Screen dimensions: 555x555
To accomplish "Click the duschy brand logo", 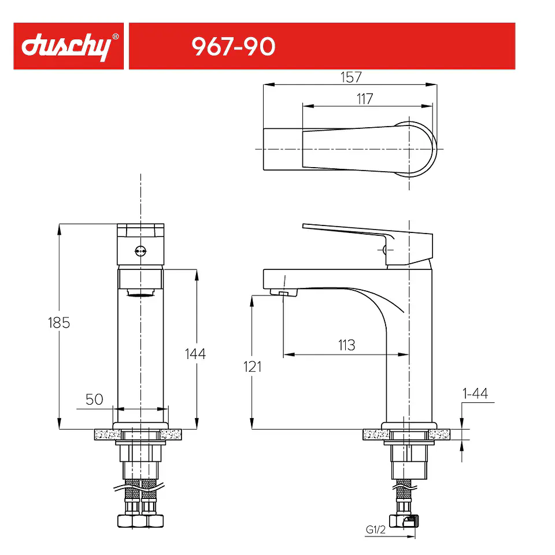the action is (66, 46).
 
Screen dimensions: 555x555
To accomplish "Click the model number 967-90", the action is (233, 46).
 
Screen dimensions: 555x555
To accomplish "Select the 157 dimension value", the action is (351, 77).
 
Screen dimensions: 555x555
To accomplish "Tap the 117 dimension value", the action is (365, 99).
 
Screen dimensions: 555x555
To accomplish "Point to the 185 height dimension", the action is (59, 323).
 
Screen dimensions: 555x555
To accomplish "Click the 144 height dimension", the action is (195, 354).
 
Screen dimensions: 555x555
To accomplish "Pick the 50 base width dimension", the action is (94, 399).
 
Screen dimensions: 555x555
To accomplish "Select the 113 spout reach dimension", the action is (346, 345).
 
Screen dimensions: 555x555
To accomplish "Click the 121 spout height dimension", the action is (253, 367).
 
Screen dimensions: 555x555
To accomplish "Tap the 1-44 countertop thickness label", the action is (475, 393).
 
